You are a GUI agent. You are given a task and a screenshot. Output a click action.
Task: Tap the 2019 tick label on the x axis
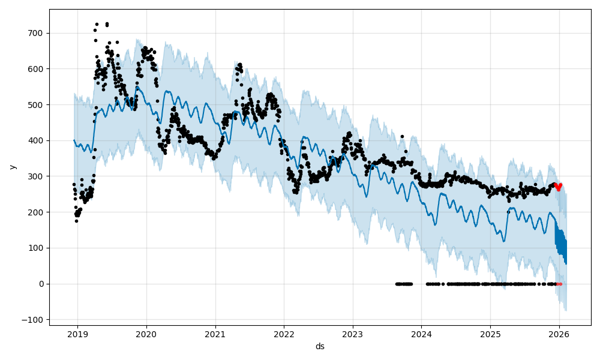pos(77,334)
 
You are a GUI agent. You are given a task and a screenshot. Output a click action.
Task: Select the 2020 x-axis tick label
pos(146,334)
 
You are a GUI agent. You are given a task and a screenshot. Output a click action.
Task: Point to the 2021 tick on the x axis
pos(215,334)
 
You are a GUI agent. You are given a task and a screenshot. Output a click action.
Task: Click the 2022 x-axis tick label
pos(284,334)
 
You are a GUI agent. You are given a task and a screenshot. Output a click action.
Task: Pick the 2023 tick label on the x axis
pos(353,334)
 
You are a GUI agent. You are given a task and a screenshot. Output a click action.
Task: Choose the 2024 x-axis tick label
pos(421,334)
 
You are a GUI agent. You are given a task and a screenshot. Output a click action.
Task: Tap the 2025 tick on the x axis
pos(490,334)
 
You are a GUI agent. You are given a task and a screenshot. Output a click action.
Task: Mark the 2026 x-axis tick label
pos(559,334)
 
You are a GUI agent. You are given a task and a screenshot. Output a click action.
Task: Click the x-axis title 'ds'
pos(320,346)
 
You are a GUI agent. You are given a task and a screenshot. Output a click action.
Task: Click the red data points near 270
pos(558,187)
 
